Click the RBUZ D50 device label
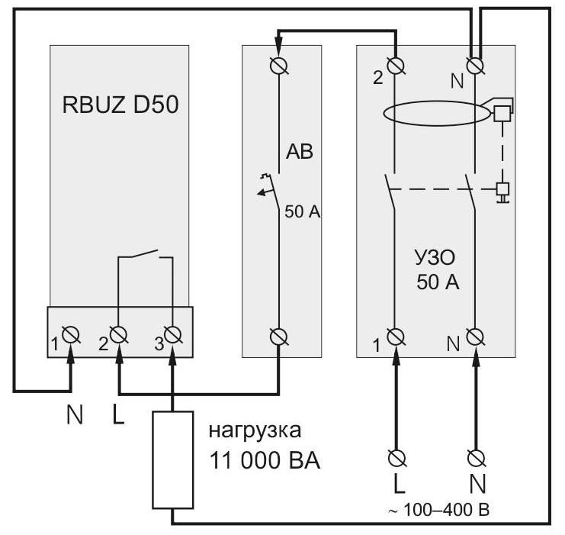coord(120,105)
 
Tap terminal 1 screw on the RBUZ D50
coord(71,334)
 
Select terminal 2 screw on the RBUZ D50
coord(118,334)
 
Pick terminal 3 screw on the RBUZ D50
coord(172,334)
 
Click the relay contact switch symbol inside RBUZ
coord(145,255)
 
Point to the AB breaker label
coord(300,152)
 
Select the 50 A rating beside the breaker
coord(302,212)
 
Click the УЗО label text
coord(435,258)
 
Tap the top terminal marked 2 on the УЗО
coord(396,66)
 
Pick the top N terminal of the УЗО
coord(476,66)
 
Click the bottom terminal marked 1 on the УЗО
coord(396,337)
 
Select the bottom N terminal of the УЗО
coord(476,337)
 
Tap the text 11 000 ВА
coord(265,460)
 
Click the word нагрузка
coord(255,430)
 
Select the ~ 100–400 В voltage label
coord(438,511)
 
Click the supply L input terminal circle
coord(396,459)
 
